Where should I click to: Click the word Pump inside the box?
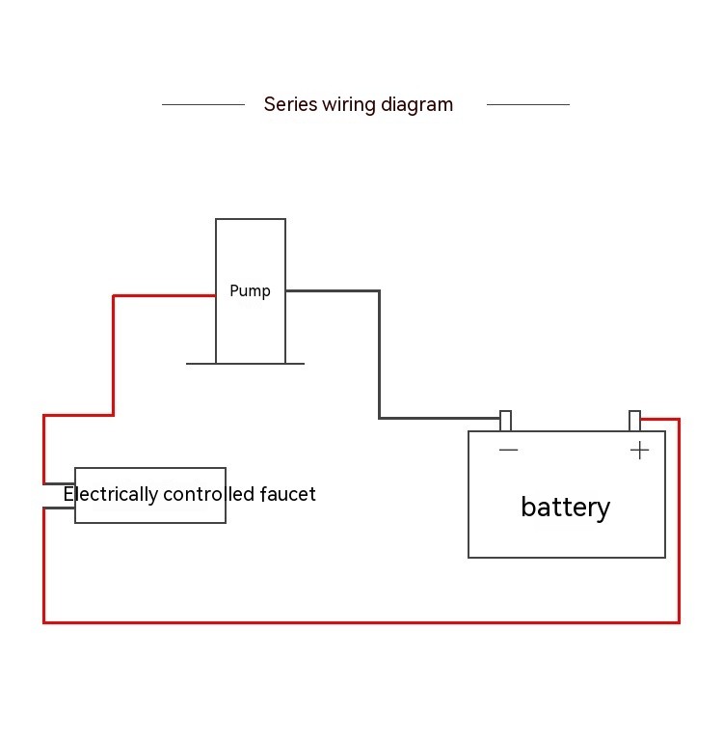[x=250, y=290]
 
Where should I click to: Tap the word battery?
[x=565, y=507]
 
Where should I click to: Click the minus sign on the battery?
[x=508, y=451]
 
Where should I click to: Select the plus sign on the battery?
[x=639, y=451]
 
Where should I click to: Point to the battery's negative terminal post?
[x=505, y=421]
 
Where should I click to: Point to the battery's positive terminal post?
[x=634, y=421]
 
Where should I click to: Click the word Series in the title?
[x=290, y=104]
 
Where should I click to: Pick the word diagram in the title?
[x=416, y=104]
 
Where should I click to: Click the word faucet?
[x=287, y=494]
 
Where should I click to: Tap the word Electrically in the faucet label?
[x=110, y=494]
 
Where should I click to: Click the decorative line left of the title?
[x=202, y=104]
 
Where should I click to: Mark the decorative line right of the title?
[x=527, y=104]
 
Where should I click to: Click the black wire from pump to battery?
[x=379, y=357]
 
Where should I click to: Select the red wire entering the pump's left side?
[x=164, y=295]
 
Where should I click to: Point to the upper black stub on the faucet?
[x=60, y=483]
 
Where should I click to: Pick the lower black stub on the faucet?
[x=60, y=508]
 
